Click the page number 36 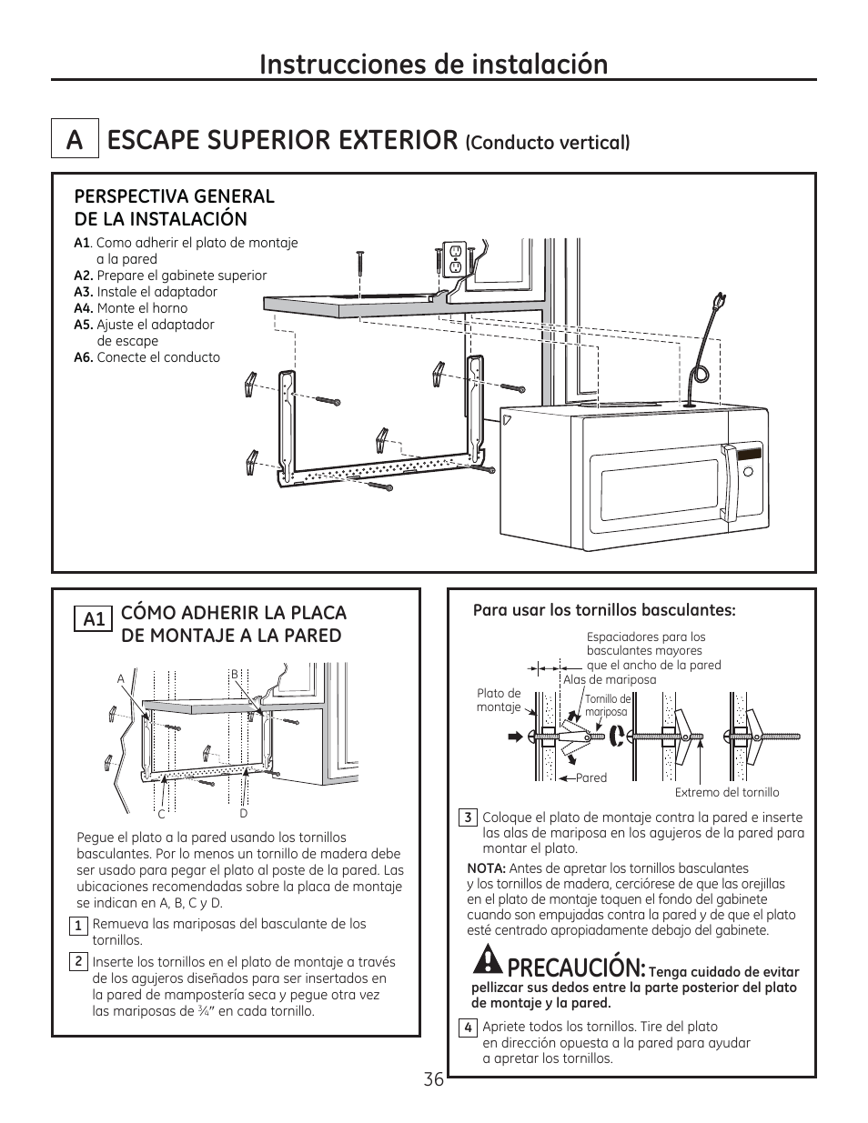pos(433,1079)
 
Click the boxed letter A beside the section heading pos(75,140)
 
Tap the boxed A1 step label pos(95,619)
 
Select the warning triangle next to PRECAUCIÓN pos(489,960)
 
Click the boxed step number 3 pos(468,817)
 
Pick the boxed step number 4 pos(468,1028)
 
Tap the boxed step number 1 pos(79,926)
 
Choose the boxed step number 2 pos(79,962)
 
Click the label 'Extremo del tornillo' pos(726,792)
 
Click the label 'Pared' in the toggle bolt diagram pos(590,777)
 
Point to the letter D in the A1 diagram pos(244,814)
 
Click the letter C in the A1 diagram pos(161,814)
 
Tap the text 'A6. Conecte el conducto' pos(146,357)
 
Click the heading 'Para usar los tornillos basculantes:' pos(603,610)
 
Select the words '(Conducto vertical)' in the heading pos(548,143)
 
